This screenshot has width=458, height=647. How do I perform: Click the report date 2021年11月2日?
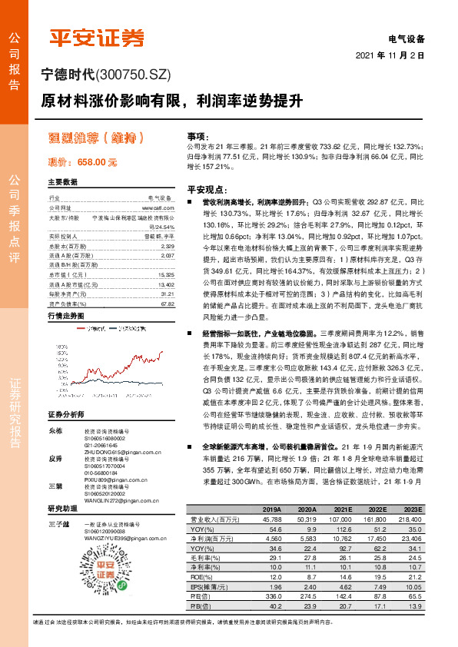click(x=390, y=56)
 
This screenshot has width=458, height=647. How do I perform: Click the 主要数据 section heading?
click(x=63, y=182)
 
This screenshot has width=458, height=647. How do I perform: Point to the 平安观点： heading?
click(x=207, y=189)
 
